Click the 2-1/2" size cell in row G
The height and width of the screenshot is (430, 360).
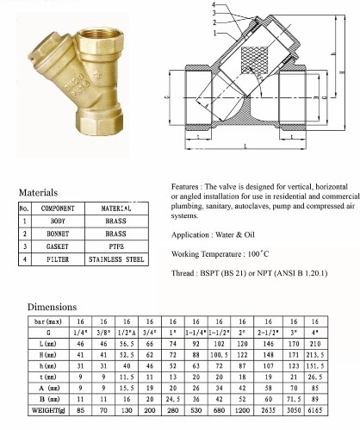(270, 332)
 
